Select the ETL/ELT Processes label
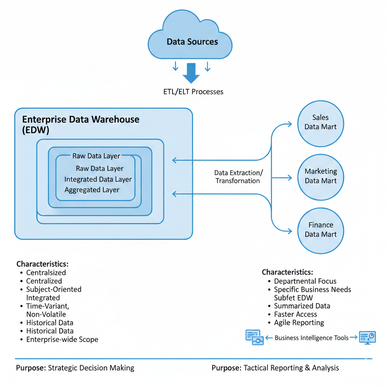(193, 91)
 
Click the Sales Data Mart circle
(320, 122)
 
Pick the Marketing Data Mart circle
(320, 176)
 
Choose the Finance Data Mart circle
(320, 229)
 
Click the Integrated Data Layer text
(98, 179)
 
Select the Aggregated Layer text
(92, 190)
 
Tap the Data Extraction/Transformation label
(238, 176)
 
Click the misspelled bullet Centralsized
(46, 272)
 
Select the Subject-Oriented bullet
(54, 289)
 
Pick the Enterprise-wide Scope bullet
(62, 339)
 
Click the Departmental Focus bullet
(305, 281)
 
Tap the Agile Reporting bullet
(299, 323)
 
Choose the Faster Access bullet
(296, 314)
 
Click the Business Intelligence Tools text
(311, 338)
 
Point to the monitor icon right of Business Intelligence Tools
(367, 337)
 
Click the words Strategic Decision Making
(91, 368)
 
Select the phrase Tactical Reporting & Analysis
(291, 368)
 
